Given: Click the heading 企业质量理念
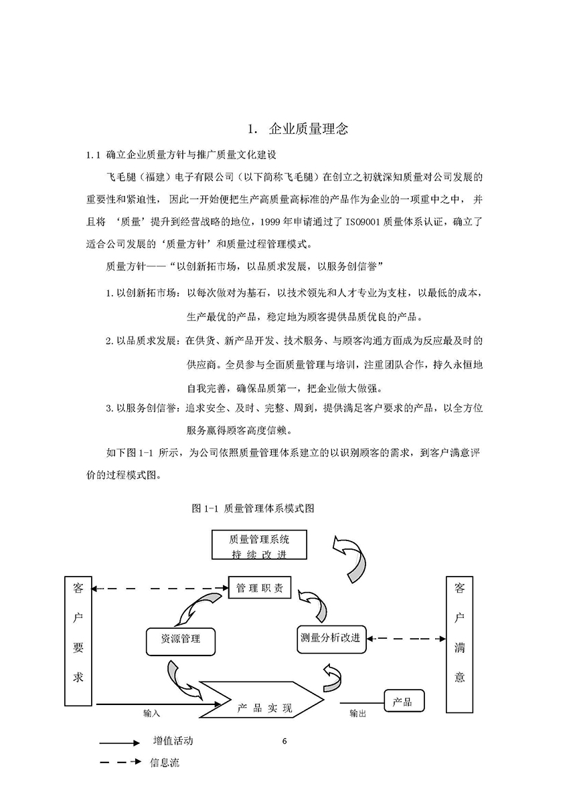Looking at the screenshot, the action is (x=309, y=129).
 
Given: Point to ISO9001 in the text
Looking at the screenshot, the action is (x=362, y=222).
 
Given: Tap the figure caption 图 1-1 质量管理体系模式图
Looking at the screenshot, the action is (x=253, y=508).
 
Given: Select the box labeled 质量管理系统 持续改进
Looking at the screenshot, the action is (x=259, y=544).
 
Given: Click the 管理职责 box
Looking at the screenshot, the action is (x=259, y=587).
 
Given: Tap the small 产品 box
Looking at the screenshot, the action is (x=404, y=700).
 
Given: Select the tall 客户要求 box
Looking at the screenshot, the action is (x=78, y=641).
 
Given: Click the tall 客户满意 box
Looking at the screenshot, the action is (x=459, y=644).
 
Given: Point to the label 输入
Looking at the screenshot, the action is (x=151, y=713).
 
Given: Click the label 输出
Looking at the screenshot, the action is (x=357, y=713).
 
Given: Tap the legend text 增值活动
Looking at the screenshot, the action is (x=173, y=741).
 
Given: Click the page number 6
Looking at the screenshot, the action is (x=284, y=741).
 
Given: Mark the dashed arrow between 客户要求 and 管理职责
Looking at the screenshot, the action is (x=160, y=588).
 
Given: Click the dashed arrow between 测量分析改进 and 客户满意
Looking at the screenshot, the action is (x=406, y=639).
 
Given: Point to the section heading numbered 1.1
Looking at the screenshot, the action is (x=181, y=155).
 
